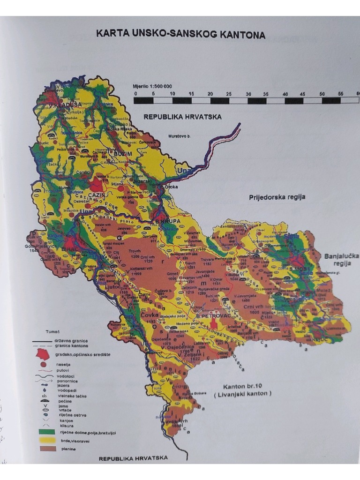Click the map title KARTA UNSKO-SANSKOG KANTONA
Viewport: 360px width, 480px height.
click(x=180, y=35)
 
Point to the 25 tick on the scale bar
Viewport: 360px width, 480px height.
click(x=229, y=94)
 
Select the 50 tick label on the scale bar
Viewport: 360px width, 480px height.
click(x=322, y=94)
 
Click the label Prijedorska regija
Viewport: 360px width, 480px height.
click(x=277, y=197)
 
